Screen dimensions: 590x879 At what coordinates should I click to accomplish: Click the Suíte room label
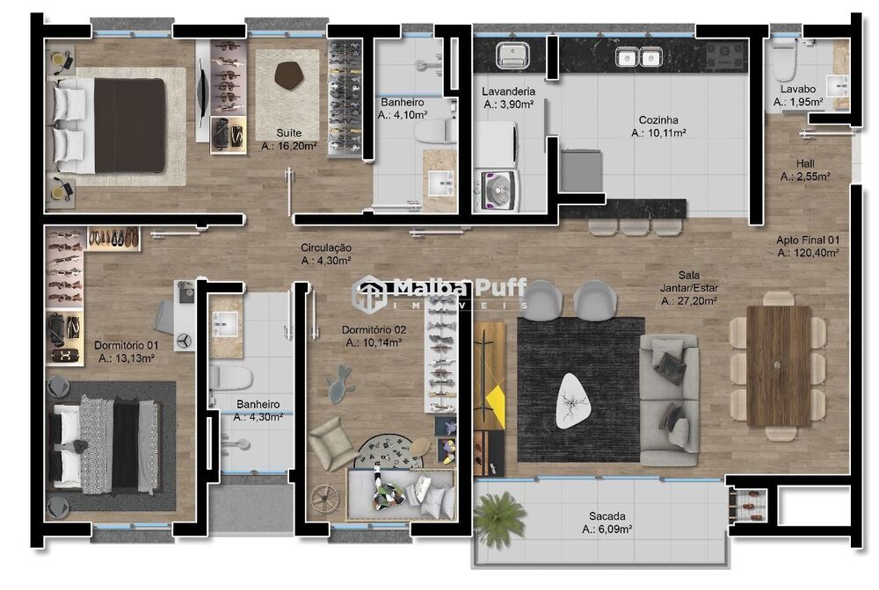pos(288,133)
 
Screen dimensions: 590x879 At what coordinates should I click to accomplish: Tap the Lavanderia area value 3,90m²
pos(509,104)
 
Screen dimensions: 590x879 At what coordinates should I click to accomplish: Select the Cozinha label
pos(658,120)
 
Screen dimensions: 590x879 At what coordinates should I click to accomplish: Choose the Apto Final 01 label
pos(807,240)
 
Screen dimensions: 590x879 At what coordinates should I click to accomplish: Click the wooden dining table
pos(779,365)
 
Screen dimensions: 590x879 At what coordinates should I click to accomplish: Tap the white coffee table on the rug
pos(573,399)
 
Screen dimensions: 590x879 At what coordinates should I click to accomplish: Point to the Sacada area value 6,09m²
pos(607,529)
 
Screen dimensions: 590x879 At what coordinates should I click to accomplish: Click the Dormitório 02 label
pos(374,330)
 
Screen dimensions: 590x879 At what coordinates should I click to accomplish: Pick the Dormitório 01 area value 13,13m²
pos(127,358)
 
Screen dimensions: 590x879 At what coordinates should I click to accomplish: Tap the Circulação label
pos(325,248)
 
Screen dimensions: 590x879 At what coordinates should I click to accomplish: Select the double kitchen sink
pos(638,57)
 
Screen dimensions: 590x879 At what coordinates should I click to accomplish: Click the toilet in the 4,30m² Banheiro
pos(231,378)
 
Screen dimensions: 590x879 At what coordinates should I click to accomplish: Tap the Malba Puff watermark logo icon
pos(369,292)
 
